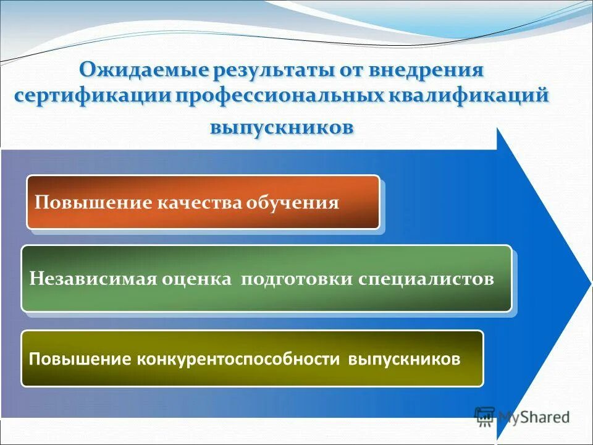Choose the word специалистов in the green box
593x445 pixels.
426,279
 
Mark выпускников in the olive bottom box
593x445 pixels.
405,359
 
